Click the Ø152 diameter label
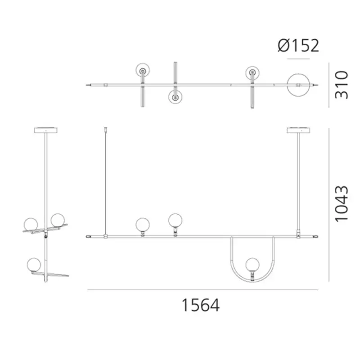click(x=298, y=45)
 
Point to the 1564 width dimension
click(x=200, y=306)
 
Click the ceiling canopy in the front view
click(x=299, y=130)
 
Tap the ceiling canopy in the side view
click(x=46, y=130)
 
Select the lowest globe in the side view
click(x=34, y=264)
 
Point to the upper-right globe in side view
click(x=57, y=220)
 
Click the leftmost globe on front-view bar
click(x=143, y=224)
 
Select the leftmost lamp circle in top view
click(x=144, y=71)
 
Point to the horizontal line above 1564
click(x=202, y=290)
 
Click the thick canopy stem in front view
click(x=299, y=180)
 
